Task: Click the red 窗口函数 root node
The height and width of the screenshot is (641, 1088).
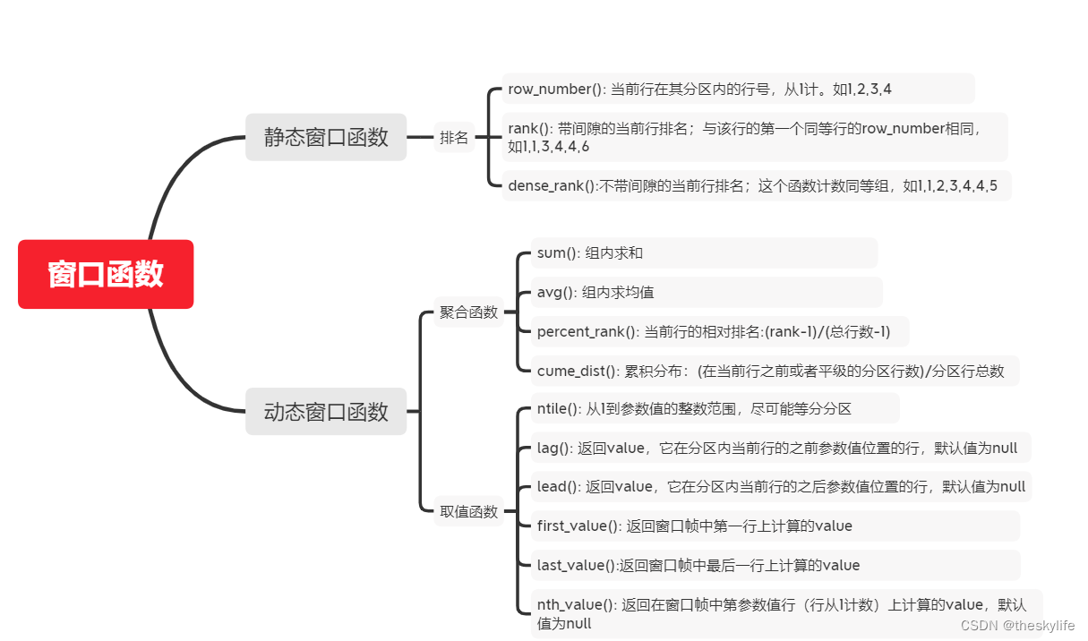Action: (x=106, y=274)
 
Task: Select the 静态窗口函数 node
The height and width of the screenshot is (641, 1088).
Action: (x=326, y=137)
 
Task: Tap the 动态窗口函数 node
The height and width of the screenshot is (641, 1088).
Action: (x=326, y=412)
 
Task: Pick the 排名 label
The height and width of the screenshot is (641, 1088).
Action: (x=454, y=138)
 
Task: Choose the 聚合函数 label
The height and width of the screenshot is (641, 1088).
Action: (x=468, y=312)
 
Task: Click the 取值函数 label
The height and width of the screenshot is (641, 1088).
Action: (x=468, y=512)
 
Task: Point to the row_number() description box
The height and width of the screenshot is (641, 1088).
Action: (x=738, y=89)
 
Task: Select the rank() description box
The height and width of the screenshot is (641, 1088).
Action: (x=754, y=137)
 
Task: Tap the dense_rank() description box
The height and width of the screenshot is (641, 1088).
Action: (x=756, y=186)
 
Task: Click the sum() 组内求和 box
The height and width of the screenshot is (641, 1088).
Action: (x=704, y=253)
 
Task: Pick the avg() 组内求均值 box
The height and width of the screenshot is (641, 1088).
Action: (x=706, y=293)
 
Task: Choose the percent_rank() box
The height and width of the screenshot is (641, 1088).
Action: (x=719, y=332)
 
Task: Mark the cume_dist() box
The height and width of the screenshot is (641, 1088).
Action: (x=774, y=372)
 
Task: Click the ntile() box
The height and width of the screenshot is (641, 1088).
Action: (x=714, y=409)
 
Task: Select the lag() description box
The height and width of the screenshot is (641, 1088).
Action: (x=779, y=448)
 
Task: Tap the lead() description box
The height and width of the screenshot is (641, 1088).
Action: (x=780, y=487)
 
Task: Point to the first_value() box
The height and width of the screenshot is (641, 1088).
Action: (x=775, y=526)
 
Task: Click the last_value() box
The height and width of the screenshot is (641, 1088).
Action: (x=775, y=565)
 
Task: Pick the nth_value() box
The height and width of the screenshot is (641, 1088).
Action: (x=785, y=613)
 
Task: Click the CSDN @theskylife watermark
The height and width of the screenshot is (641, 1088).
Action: (x=1017, y=626)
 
